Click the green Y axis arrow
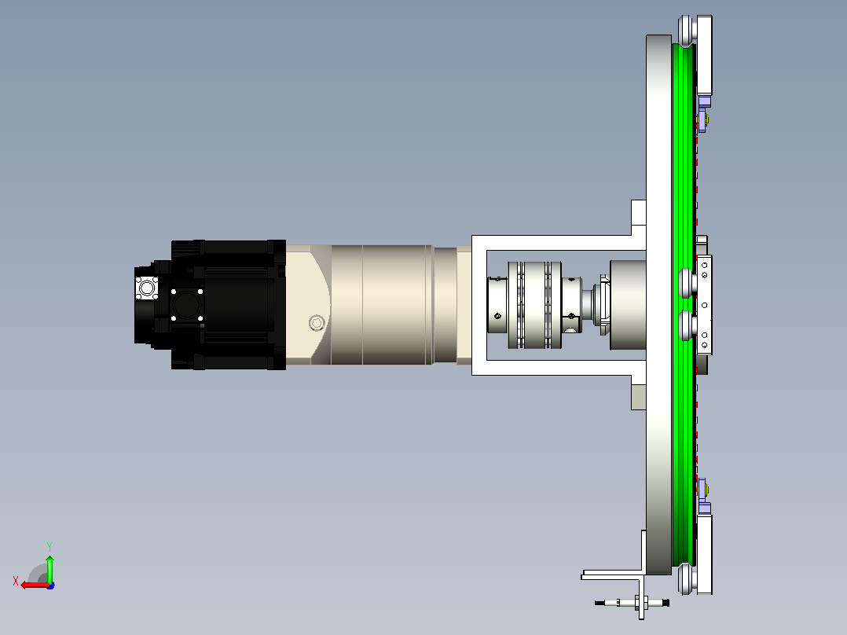pyautogui.click(x=49, y=567)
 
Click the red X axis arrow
pyautogui.click(x=35, y=585)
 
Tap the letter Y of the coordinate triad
pyautogui.click(x=49, y=546)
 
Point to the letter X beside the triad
pyautogui.click(x=16, y=581)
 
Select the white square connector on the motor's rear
pyautogui.click(x=146, y=288)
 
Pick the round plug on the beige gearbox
pyautogui.click(x=317, y=323)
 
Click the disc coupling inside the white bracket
pyautogui.click(x=535, y=305)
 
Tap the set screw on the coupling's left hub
pyautogui.click(x=497, y=316)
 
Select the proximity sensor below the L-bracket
pyautogui.click(x=632, y=602)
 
